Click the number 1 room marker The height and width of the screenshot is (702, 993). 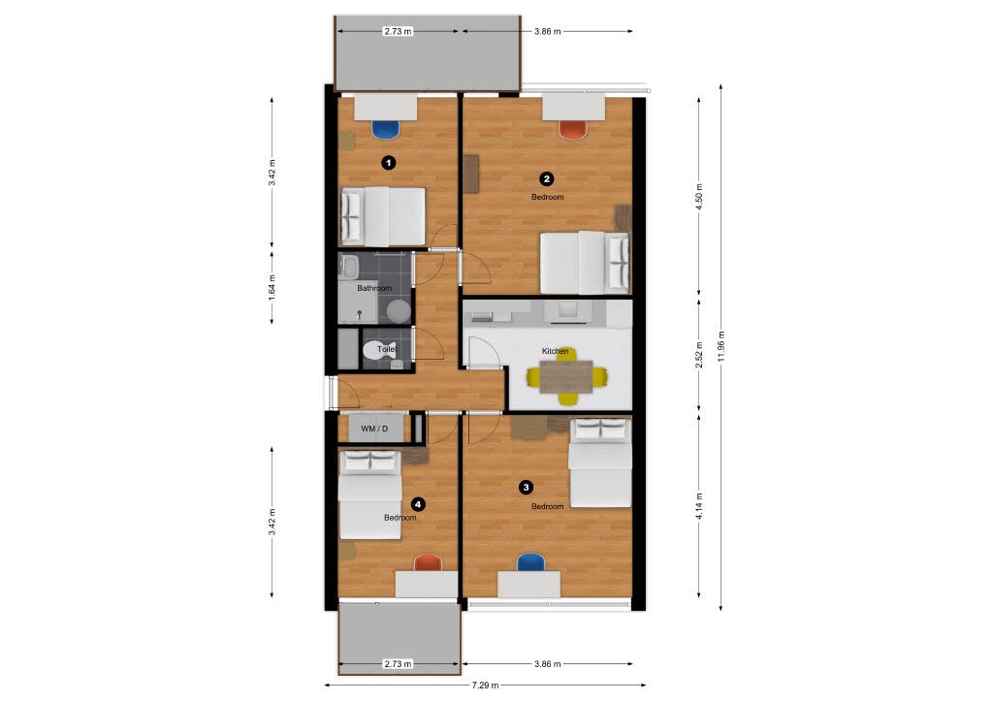click(x=388, y=163)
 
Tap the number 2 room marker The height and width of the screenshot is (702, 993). click(x=547, y=178)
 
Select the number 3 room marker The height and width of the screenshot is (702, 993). click(x=526, y=487)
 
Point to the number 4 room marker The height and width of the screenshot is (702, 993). click(x=417, y=503)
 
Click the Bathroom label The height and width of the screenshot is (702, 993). click(x=373, y=288)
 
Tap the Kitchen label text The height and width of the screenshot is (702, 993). click(x=555, y=351)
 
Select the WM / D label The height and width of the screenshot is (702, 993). click(x=374, y=429)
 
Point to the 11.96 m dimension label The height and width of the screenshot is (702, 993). click(x=721, y=346)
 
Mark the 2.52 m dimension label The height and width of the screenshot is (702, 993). click(x=699, y=355)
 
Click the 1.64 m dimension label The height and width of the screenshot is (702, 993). click(x=272, y=287)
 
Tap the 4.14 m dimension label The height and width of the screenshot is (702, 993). click(x=699, y=507)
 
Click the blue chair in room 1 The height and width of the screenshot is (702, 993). click(x=385, y=128)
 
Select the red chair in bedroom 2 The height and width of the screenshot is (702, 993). click(x=572, y=128)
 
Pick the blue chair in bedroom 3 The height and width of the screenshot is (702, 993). click(x=530, y=562)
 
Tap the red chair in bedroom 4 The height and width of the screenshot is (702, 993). click(x=427, y=562)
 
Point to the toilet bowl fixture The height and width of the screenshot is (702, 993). click(x=374, y=350)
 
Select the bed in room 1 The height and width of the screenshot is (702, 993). click(x=382, y=215)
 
